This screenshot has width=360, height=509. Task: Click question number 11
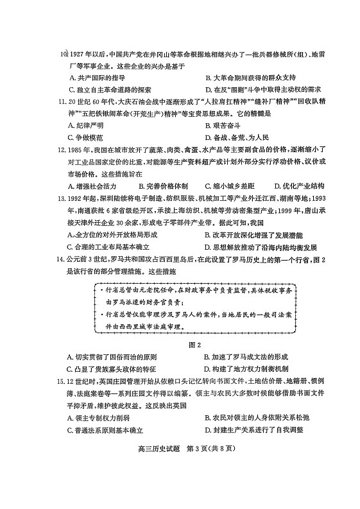point(63,101)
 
